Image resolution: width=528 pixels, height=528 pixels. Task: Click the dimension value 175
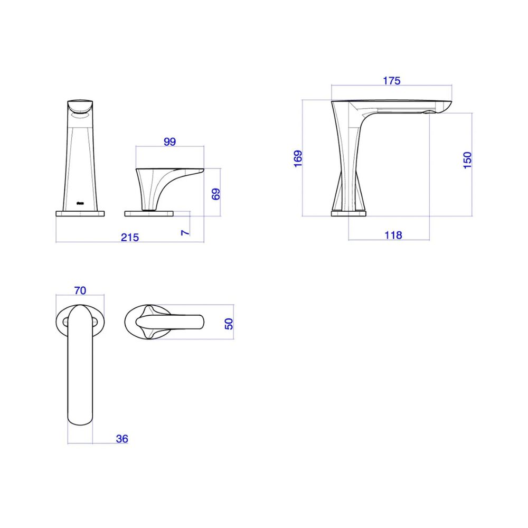click(x=391, y=81)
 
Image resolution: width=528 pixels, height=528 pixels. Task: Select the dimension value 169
click(x=298, y=158)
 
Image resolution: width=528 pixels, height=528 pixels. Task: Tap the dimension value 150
click(x=467, y=161)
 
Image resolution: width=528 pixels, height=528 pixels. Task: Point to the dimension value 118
click(x=393, y=235)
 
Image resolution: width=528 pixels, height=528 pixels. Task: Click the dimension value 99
click(x=169, y=142)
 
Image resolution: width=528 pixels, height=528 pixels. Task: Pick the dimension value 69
click(x=216, y=194)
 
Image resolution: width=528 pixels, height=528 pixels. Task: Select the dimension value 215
click(x=130, y=238)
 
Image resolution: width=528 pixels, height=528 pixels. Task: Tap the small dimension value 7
click(x=185, y=233)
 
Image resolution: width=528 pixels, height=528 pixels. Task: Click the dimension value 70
click(x=80, y=290)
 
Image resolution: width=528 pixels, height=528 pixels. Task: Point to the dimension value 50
click(x=229, y=324)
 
